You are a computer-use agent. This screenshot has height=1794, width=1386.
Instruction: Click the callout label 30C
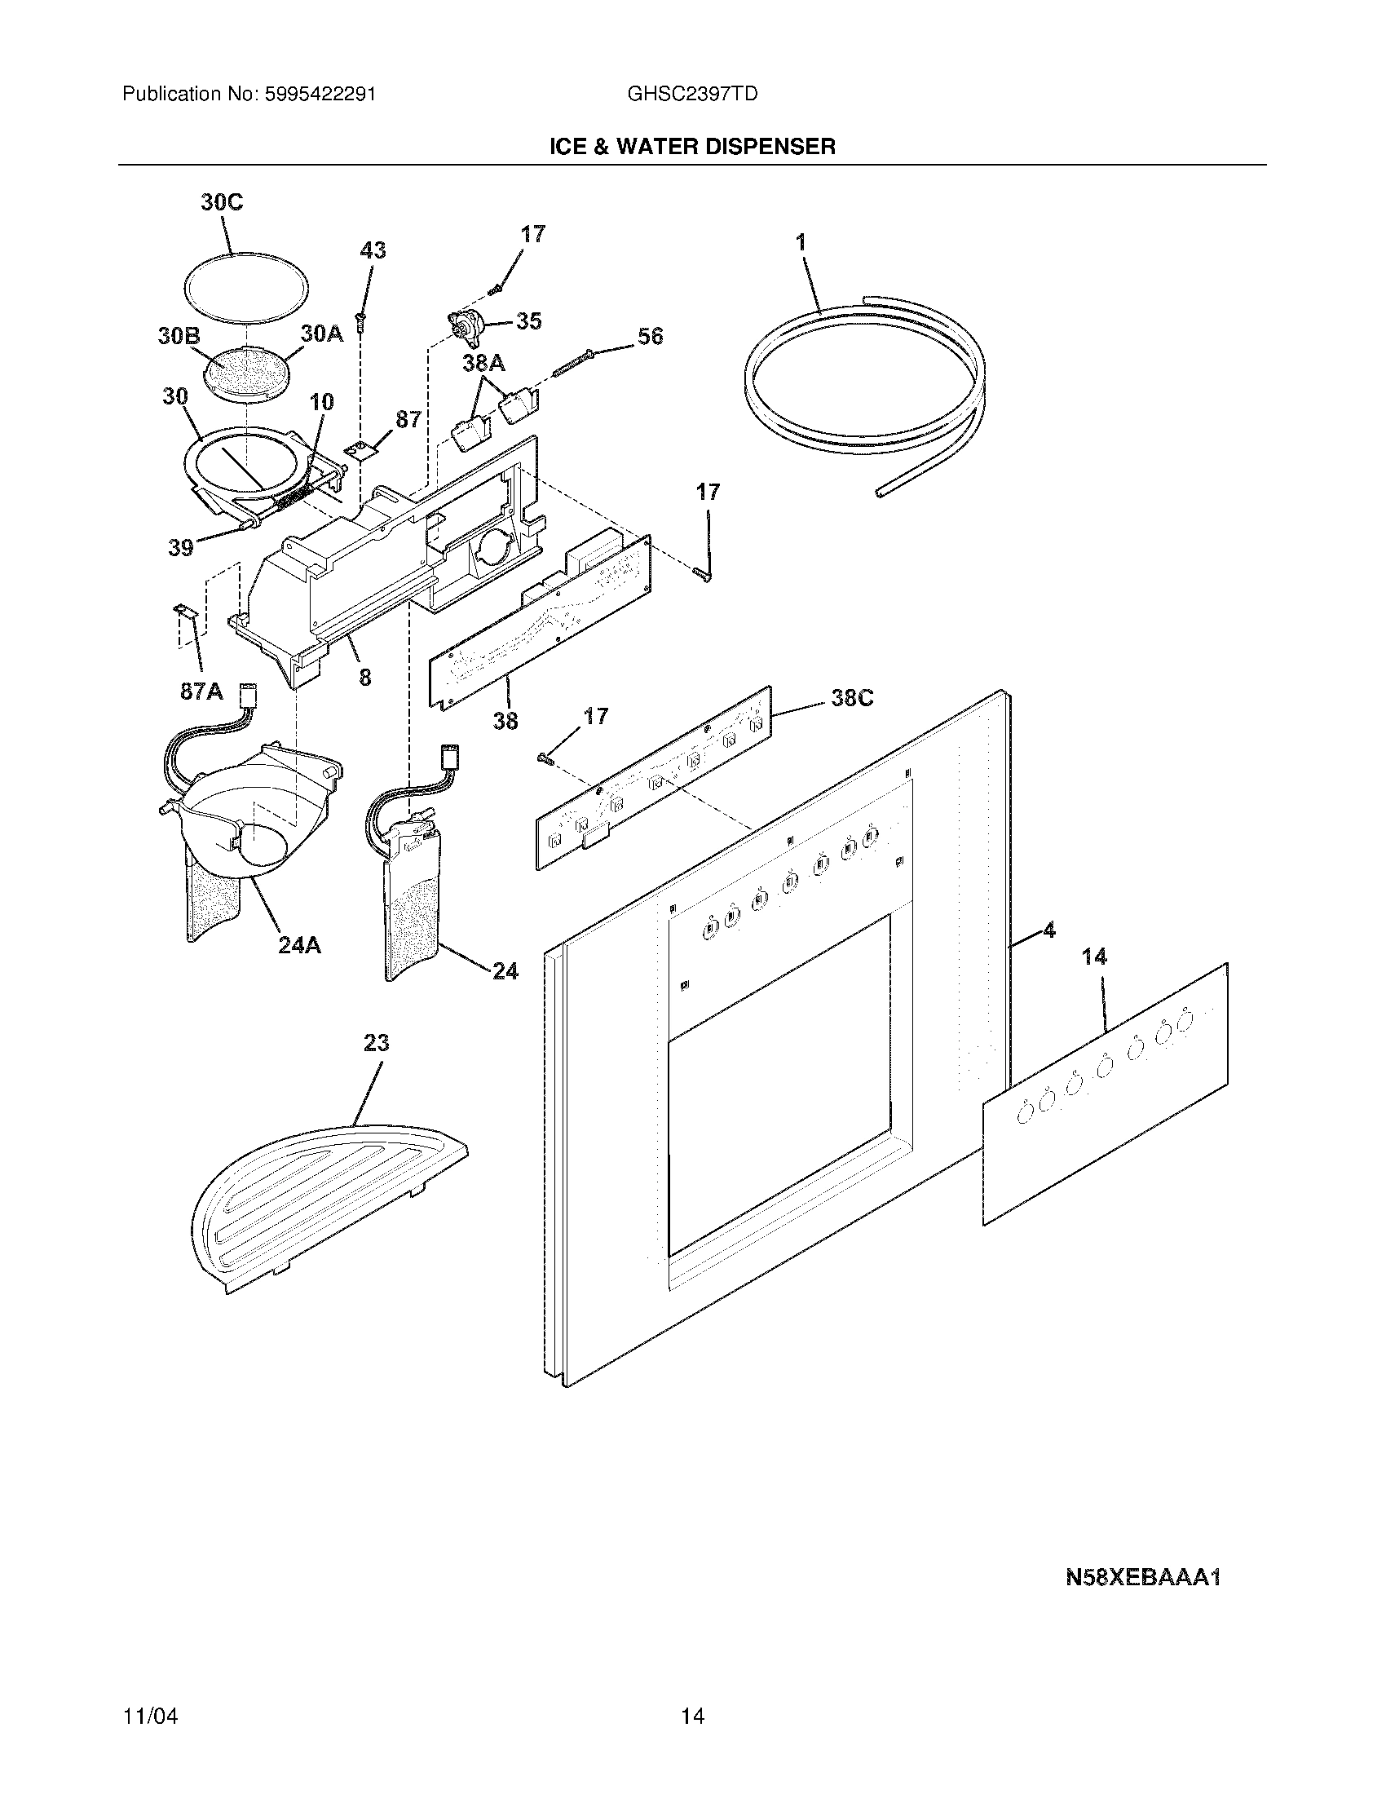point(222,202)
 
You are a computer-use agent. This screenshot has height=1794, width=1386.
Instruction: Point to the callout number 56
point(650,336)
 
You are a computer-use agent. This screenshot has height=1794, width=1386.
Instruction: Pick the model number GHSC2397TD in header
point(691,94)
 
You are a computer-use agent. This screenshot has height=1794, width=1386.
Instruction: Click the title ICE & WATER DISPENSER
point(692,147)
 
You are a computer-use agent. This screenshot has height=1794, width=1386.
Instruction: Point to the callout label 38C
point(851,697)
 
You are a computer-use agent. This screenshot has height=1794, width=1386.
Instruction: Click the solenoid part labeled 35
point(466,326)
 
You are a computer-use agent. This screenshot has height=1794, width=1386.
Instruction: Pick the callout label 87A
point(201,691)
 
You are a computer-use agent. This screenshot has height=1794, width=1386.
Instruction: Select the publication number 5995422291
point(320,94)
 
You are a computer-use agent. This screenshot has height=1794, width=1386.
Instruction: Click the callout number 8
point(364,678)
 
